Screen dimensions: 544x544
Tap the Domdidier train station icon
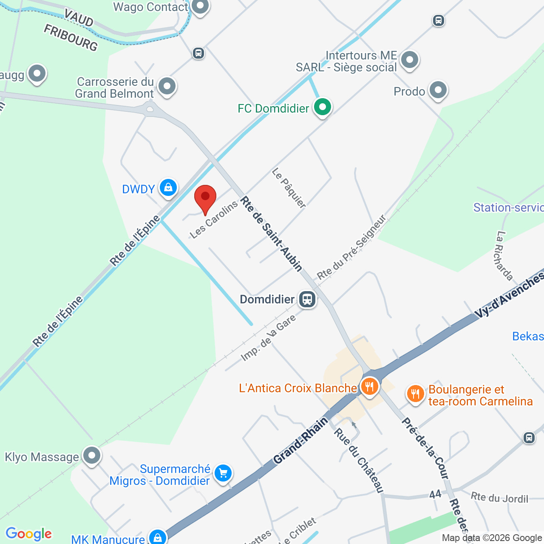307,299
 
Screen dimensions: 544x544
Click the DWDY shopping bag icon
168,187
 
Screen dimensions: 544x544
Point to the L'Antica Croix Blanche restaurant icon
369,387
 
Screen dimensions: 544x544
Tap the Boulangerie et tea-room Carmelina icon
415,394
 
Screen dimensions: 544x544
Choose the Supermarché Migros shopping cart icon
223,473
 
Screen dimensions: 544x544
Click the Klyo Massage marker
91,456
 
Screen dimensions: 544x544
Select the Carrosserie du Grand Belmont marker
167,86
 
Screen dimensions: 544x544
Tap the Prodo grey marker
438,90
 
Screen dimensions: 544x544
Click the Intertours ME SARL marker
410,60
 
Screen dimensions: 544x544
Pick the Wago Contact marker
200,6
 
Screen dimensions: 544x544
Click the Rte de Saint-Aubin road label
272,234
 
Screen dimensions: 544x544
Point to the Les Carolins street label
213,220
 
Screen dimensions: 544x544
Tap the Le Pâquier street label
289,188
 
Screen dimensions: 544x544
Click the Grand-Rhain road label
301,440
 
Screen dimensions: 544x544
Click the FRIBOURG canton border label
71,37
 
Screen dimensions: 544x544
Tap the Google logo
28,534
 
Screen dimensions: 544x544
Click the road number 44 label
435,494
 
